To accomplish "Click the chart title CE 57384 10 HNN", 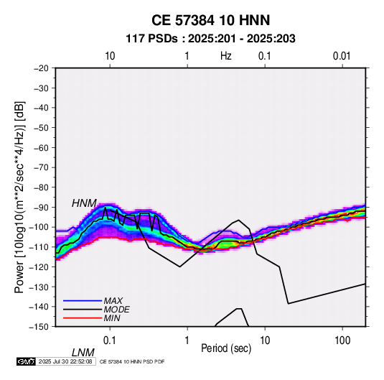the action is pos(210,20).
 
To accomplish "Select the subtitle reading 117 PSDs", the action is pos(151,39).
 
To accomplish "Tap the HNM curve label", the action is pos(84,203).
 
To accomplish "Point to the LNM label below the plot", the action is pos(83,353).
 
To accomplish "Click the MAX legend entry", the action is pos(113,300).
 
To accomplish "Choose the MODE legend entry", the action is pos(116,310).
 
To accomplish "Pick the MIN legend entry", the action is pos(112,318).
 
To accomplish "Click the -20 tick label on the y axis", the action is pos(41,68).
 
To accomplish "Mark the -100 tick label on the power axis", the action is pos(39,227).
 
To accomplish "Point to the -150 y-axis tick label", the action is pos(39,327).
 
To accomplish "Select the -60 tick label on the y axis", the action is pos(41,147).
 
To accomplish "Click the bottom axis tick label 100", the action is pos(342,340).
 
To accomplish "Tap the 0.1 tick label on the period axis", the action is pos(110,340).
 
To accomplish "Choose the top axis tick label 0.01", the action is pos(342,56).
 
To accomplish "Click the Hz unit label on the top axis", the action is pos(226,56).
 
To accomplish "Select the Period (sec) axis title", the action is pos(226,348).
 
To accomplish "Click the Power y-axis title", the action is pos(19,197).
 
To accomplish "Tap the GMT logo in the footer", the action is pos(26,361).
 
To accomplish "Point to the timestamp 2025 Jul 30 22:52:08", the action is pos(65,361).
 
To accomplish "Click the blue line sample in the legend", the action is pos(83,301).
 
